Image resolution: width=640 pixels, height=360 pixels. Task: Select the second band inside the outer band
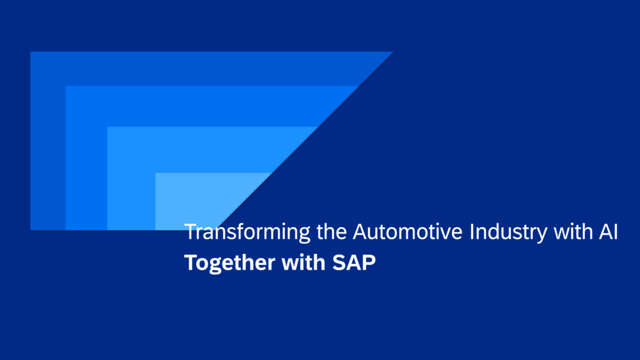[x=85, y=160]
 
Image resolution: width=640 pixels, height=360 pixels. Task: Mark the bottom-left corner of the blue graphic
[x=31, y=229]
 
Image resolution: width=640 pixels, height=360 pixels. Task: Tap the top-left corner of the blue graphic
[x=31, y=53]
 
